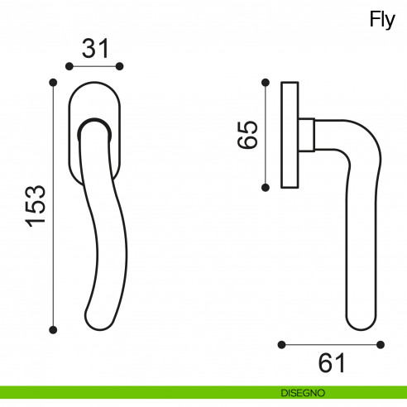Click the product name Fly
tap(382, 20)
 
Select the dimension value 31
tap(96, 49)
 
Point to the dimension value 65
tap(247, 135)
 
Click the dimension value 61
tap(332, 363)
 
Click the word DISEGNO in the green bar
tap(303, 393)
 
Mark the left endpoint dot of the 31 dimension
tap(69, 66)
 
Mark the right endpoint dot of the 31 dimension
tap(119, 66)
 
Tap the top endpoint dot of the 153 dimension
tap(53, 83)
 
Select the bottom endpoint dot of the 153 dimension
tap(53, 330)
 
